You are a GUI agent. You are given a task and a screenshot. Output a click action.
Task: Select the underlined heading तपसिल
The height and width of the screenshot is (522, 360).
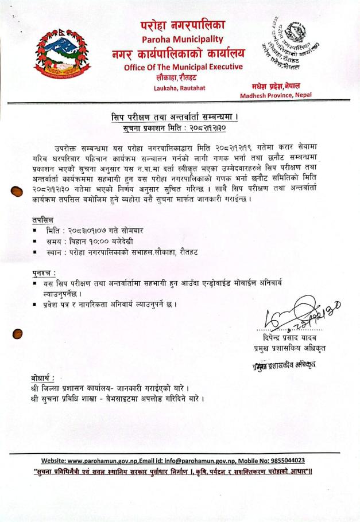[x=42, y=220]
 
